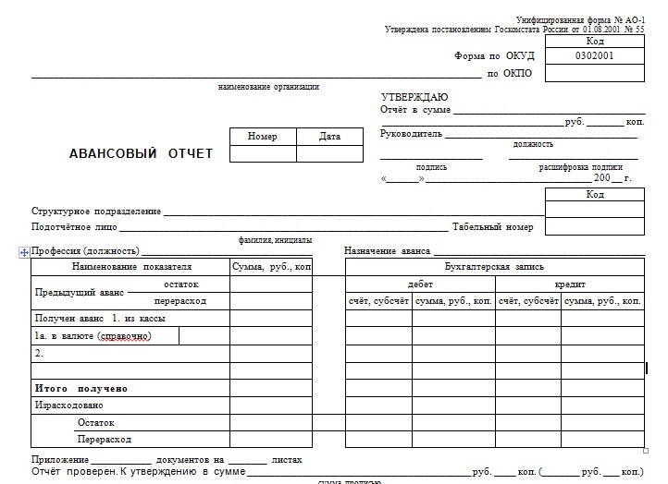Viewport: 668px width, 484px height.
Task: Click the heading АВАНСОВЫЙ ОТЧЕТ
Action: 141,153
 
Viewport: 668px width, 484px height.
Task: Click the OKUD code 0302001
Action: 595,55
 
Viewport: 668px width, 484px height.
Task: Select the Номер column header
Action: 263,137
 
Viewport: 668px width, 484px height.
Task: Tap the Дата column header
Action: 329,137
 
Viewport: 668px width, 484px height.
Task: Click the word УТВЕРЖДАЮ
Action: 414,97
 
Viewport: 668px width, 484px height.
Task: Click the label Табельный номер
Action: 492,227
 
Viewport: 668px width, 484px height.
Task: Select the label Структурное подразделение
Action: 96,212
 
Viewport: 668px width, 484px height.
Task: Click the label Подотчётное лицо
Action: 74,227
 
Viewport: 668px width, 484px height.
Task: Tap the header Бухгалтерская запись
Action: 494,267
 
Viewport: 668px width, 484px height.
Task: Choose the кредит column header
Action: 570,284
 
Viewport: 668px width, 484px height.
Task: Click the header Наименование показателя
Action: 131,267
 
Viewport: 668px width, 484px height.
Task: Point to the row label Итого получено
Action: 81,388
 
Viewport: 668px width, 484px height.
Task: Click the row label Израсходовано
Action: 69,405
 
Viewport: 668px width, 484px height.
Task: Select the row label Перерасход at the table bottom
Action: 105,440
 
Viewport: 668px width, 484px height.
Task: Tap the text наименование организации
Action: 268,87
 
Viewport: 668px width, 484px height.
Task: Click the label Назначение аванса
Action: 387,251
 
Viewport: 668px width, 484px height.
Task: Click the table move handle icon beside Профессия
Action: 24,251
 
